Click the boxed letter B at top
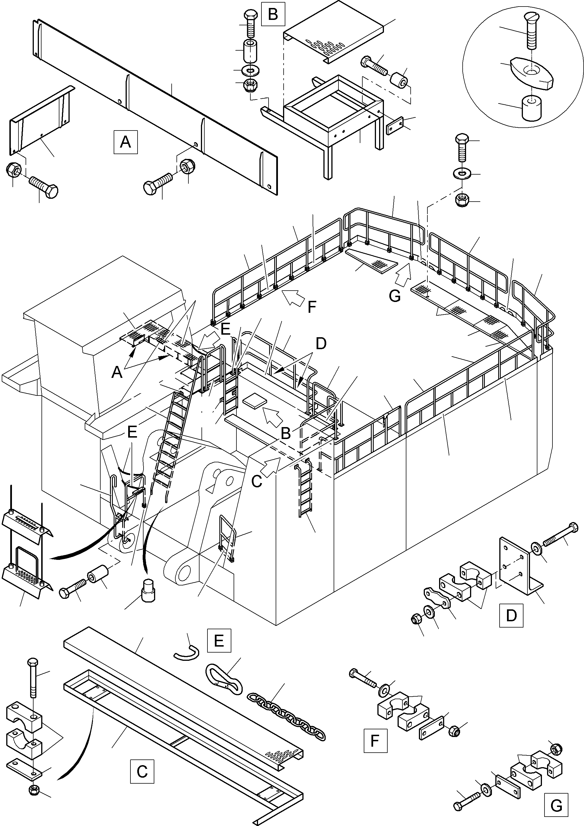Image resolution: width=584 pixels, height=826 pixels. pyautogui.click(x=273, y=15)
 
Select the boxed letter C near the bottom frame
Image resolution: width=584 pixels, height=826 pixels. pyautogui.click(x=142, y=771)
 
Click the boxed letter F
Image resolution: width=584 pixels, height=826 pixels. pyautogui.click(x=375, y=741)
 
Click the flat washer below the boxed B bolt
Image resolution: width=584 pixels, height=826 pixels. pyautogui.click(x=251, y=69)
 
